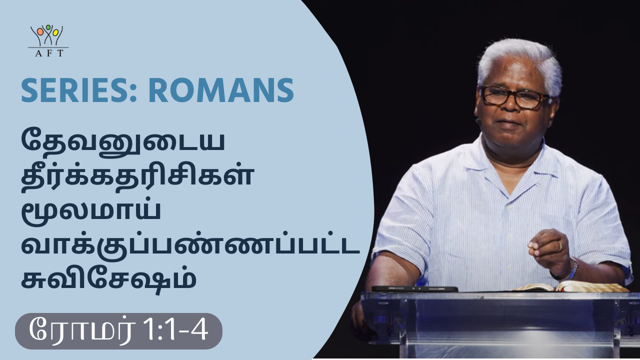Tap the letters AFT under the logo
pos(49,53)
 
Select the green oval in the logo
pos(48,27)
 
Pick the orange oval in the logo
pos(40,31)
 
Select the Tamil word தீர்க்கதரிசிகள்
pos(137,175)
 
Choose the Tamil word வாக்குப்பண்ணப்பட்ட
pos(190,245)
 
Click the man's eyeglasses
pos(514,96)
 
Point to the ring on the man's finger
pos(559,246)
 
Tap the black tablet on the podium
pos(414,289)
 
